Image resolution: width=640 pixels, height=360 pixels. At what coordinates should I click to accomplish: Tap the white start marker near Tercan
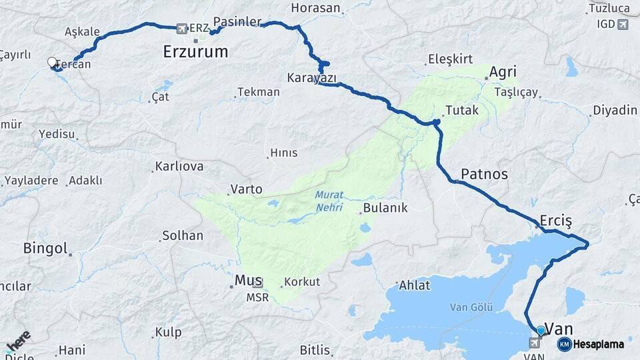click(x=52, y=63)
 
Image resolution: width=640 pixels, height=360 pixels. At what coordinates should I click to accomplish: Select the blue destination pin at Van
click(x=540, y=330)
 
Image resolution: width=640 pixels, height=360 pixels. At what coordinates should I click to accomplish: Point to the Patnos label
click(x=484, y=175)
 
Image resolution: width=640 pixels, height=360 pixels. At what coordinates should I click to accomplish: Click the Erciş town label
click(x=556, y=221)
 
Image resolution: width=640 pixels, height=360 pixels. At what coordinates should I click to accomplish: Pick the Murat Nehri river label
click(x=329, y=201)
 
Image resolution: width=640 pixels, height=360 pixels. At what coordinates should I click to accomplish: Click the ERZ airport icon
click(x=182, y=29)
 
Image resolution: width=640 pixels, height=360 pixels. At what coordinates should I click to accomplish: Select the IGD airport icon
click(x=623, y=25)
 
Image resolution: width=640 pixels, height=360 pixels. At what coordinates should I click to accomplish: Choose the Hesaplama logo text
click(x=599, y=344)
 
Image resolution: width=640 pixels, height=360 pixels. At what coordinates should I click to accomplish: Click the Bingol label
click(x=45, y=249)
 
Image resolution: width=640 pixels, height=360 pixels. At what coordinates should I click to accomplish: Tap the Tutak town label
click(x=461, y=111)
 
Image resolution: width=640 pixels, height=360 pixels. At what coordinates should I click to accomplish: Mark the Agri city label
click(x=503, y=72)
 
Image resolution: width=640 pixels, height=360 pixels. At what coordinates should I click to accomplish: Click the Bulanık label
click(x=384, y=208)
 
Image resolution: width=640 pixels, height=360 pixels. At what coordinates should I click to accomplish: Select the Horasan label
click(x=316, y=9)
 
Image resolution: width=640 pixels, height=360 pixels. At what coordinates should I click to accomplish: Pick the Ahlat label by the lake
click(x=415, y=285)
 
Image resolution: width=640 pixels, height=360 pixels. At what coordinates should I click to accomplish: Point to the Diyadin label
click(x=615, y=110)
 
